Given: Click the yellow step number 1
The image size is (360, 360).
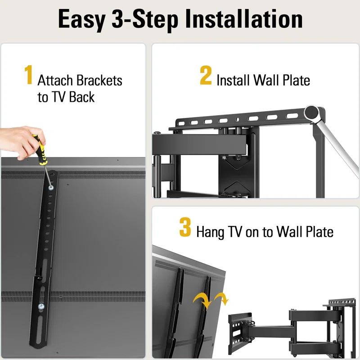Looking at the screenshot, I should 28,76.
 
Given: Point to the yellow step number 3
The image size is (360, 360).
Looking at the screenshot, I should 185,227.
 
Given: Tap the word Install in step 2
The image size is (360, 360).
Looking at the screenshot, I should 233,81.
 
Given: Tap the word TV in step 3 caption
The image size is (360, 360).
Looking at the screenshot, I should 235,232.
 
